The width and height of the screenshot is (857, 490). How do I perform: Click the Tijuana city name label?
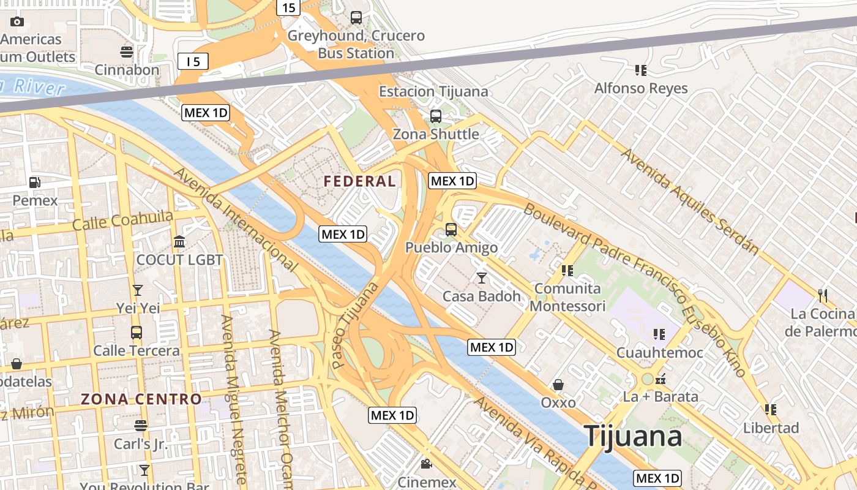pos(633,437)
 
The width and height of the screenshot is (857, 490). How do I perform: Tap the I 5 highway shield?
pos(193,61)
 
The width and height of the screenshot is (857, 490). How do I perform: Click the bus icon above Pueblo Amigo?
pos(451,230)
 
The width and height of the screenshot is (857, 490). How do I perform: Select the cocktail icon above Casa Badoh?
pos(482,278)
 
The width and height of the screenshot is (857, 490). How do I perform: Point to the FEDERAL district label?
pos(359,181)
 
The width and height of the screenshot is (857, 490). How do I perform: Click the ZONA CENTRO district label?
pos(141,399)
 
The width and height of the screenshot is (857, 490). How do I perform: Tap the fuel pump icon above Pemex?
pos(35,182)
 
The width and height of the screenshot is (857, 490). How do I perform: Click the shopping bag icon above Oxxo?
pos(558,385)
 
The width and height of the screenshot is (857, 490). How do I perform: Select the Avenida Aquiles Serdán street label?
pos(690,202)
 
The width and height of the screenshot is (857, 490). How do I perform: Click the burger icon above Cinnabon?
pos(127,52)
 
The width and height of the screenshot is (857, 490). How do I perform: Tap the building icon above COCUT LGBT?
pos(179,241)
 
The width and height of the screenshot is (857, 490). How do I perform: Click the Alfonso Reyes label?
pos(641,88)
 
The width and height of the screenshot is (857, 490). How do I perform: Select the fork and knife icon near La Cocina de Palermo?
pos(822,296)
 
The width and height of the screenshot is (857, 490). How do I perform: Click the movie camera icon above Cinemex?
pos(427,464)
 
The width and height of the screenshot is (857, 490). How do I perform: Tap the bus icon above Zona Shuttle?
pos(436,116)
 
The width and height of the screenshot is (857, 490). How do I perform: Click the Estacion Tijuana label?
pos(433,92)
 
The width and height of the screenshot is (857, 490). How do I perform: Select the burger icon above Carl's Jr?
pos(141,425)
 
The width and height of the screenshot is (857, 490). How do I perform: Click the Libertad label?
pos(771,428)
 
